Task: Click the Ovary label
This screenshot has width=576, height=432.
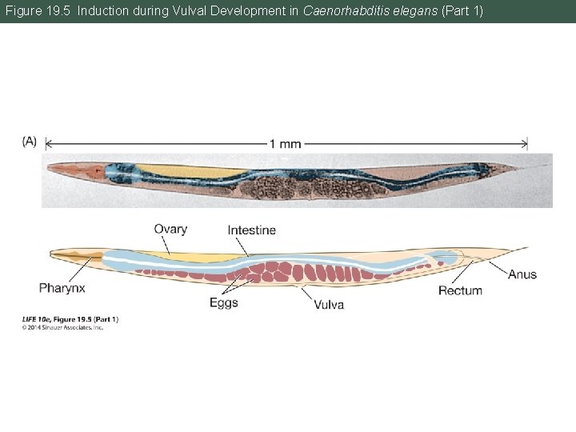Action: coord(170,229)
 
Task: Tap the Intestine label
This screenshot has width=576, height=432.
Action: coord(251,230)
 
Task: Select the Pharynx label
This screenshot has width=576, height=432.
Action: coord(62,287)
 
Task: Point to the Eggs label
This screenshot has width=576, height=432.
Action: coord(224,302)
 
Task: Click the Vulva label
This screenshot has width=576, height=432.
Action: coord(329,305)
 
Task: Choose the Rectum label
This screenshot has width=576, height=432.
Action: coord(460,290)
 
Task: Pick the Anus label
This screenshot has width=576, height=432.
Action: coord(522,274)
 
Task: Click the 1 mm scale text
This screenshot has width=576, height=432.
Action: coord(285,144)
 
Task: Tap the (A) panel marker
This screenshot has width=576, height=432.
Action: coord(29,141)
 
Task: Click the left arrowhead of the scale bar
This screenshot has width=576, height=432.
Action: coord(47,144)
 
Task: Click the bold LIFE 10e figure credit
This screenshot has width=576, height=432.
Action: coord(70,319)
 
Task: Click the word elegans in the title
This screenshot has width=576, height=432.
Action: coord(416,11)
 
